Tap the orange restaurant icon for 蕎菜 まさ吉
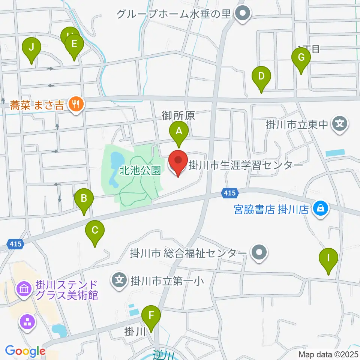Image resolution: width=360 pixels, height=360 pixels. coord(76,104)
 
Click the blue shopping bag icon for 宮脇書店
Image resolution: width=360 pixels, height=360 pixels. coord(321,209)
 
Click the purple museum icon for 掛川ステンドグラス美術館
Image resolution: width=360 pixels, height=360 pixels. coord(24,289)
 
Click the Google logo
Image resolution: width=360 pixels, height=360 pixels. coord(25,351)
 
